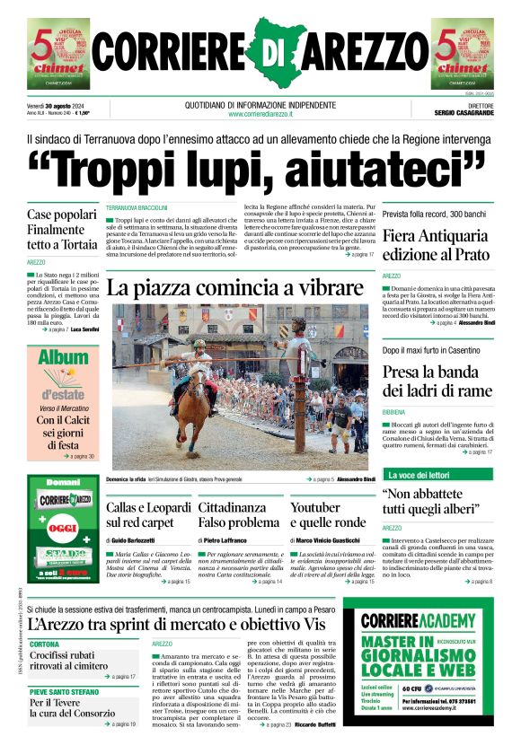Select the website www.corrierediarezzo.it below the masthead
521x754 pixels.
coord(261,114)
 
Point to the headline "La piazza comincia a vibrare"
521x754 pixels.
coord(233,288)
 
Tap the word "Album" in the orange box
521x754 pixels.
coord(62,360)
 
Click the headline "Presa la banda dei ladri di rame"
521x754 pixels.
coord(437,381)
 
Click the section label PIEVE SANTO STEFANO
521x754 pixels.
coord(66,692)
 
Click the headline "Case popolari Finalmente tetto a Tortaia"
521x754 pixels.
coord(62,230)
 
